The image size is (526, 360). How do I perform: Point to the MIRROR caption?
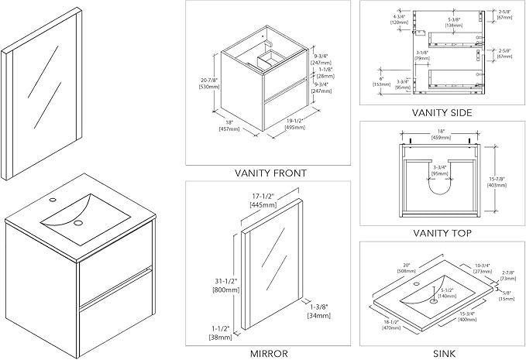pos(270,353)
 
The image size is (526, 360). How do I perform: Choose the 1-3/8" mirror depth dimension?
pos(319,311)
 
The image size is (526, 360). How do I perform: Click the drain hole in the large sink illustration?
pos(77,224)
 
